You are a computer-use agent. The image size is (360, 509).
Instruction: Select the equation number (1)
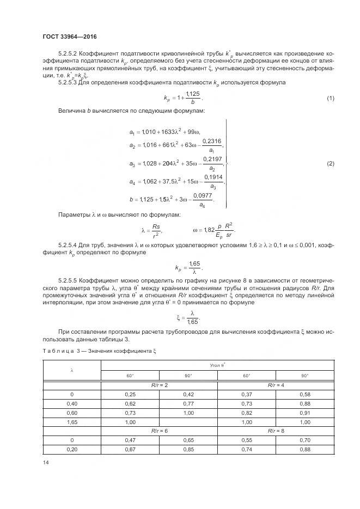(330, 98)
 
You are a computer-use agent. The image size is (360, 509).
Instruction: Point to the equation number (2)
(330, 164)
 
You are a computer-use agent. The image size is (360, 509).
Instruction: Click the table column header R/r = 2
(159, 385)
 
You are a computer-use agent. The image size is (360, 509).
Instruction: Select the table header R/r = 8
(276, 430)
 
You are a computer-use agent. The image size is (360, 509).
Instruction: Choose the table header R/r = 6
(159, 430)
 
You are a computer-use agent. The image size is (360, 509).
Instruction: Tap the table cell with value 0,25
(130, 394)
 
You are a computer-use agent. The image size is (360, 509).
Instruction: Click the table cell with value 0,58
(304, 394)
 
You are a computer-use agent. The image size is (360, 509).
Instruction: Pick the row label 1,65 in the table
(71, 421)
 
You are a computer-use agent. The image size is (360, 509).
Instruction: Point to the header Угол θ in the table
(217, 366)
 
